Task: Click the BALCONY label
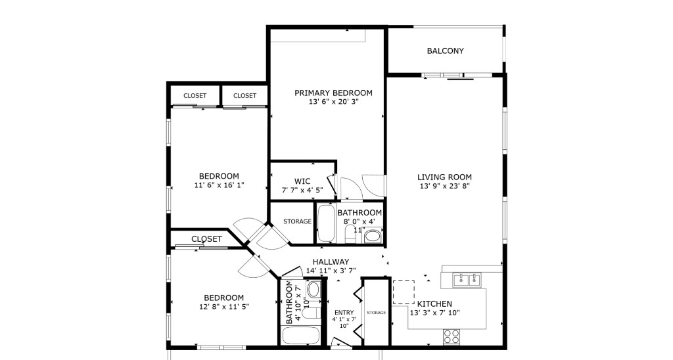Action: pyautogui.click(x=445, y=51)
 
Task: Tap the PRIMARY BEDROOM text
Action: pyautogui.click(x=333, y=93)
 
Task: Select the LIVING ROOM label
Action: pyautogui.click(x=444, y=177)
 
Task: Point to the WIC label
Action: pyautogui.click(x=302, y=181)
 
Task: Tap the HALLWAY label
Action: pyautogui.click(x=331, y=261)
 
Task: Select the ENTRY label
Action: pyautogui.click(x=344, y=313)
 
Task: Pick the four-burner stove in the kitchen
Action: pyautogui.click(x=451, y=337)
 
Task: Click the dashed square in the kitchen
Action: pyautogui.click(x=404, y=292)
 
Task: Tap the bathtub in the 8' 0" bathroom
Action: pyautogui.click(x=325, y=224)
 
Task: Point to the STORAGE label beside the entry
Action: pyautogui.click(x=376, y=313)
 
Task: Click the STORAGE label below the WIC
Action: pyautogui.click(x=297, y=221)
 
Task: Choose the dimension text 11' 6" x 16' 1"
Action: pyautogui.click(x=219, y=185)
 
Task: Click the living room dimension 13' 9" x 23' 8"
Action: pyautogui.click(x=444, y=186)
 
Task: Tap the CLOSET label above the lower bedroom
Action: pyautogui.click(x=206, y=239)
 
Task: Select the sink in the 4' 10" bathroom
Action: pyautogui.click(x=313, y=289)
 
